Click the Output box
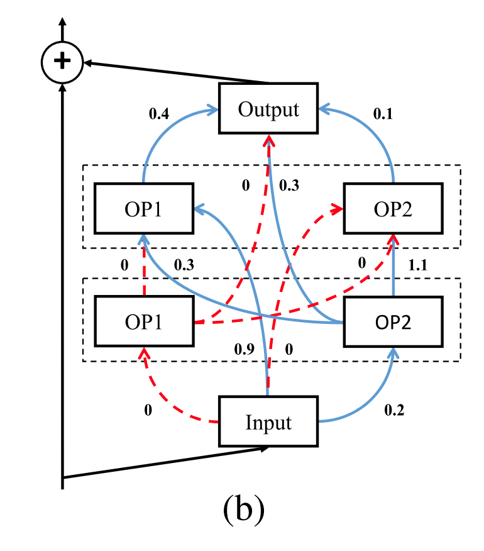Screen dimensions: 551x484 (268, 109)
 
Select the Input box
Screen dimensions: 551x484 (268, 421)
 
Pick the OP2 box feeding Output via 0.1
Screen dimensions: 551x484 (393, 208)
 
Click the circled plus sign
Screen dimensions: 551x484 (62, 61)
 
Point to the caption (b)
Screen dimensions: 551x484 (243, 511)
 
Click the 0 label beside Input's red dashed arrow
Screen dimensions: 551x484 (148, 410)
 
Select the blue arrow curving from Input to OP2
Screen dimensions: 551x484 (371, 403)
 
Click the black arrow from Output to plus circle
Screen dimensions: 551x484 (176, 72)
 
